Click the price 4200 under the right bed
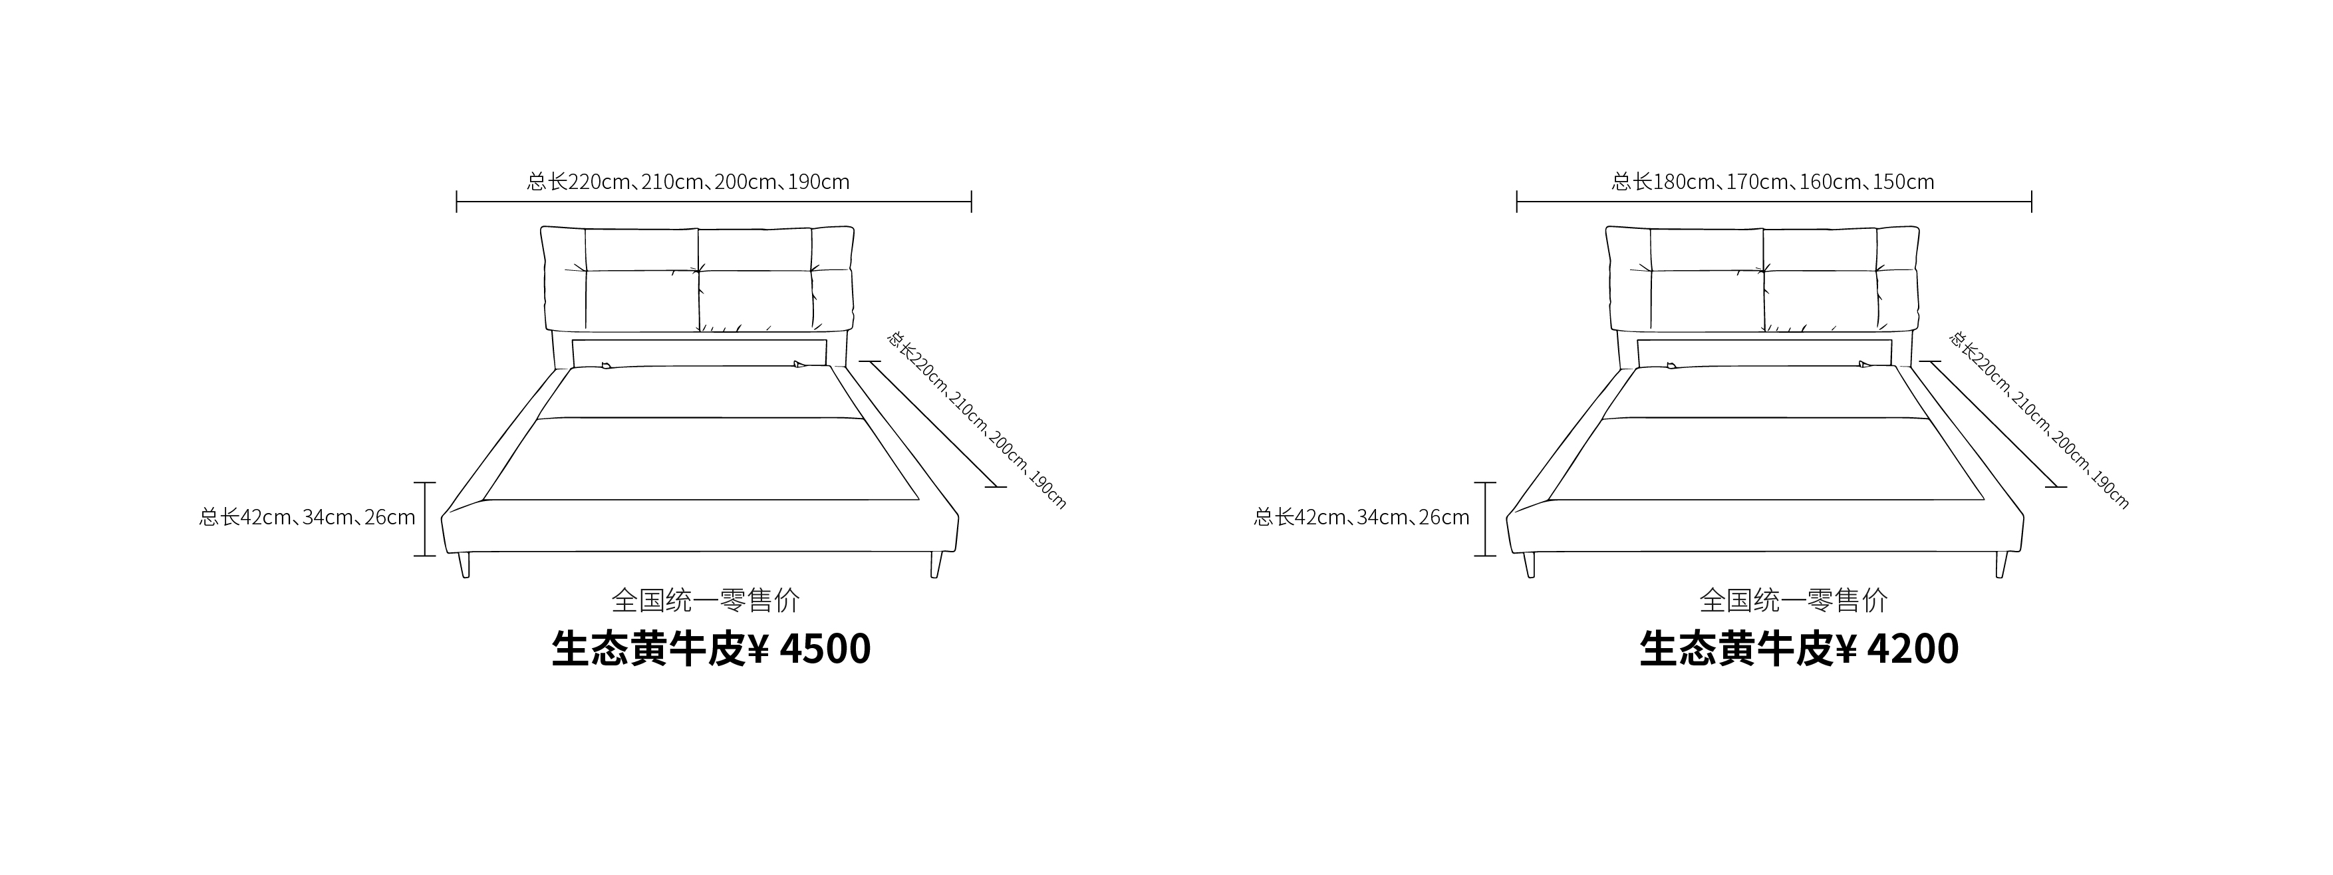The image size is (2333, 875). (1913, 649)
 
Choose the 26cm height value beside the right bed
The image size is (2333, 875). (1444, 517)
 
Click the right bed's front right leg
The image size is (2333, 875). (2002, 565)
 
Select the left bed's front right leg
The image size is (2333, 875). (936, 565)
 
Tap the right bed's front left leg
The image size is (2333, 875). (1530, 565)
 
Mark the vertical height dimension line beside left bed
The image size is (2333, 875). (425, 519)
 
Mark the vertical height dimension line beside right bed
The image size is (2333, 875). (1484, 519)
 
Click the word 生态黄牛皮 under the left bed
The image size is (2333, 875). (648, 649)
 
